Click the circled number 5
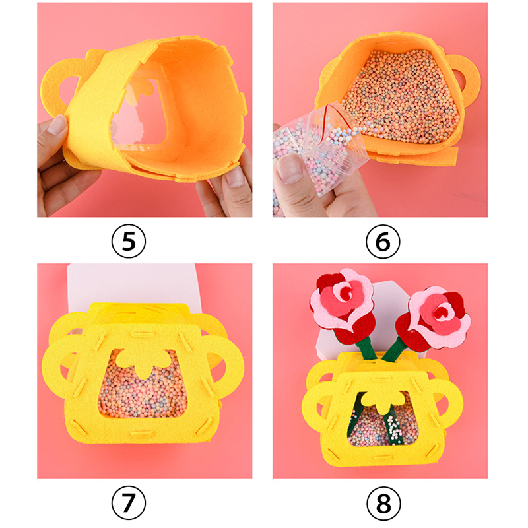pos(129,242)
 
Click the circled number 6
pos(383,242)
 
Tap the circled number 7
pos(129,504)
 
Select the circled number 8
pos(383,504)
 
